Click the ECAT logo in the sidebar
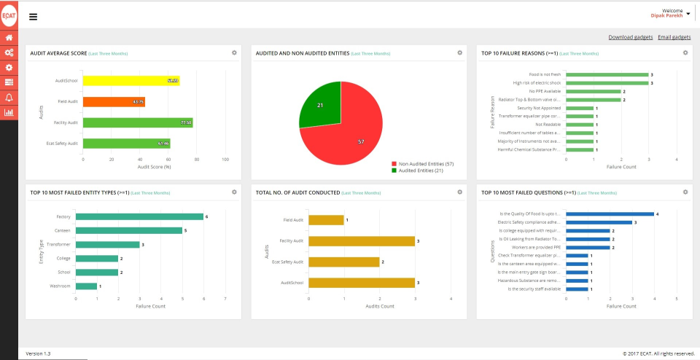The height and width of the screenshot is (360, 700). click(9, 16)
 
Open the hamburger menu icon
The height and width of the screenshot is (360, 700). click(33, 17)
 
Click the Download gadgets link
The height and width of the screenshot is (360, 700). click(631, 37)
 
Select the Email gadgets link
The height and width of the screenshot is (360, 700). click(674, 37)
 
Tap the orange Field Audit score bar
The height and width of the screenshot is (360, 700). click(113, 101)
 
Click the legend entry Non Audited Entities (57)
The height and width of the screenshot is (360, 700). click(422, 164)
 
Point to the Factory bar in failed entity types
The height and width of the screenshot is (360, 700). click(139, 216)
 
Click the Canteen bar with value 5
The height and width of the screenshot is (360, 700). click(128, 230)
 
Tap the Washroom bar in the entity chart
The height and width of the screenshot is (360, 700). click(86, 286)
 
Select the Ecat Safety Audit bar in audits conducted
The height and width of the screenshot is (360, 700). click(343, 262)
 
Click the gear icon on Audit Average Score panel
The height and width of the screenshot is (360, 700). click(234, 52)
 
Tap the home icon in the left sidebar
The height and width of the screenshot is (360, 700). click(9, 37)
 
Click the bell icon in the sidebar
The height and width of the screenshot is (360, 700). click(9, 97)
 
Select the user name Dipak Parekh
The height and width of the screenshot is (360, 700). click(666, 15)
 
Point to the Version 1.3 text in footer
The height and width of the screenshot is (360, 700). click(38, 353)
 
